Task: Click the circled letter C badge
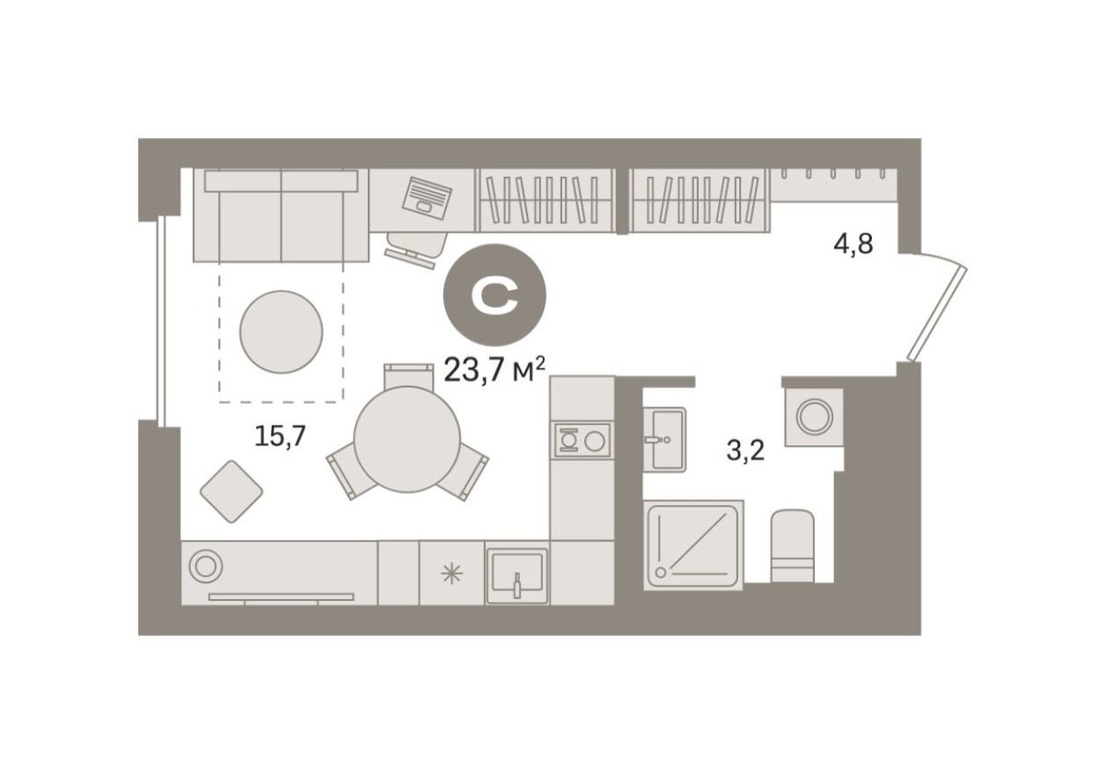click(494, 298)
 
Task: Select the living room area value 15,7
click(279, 434)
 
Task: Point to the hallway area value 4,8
click(853, 243)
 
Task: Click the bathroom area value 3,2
click(745, 451)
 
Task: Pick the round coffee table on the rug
click(282, 332)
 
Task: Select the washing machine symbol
click(814, 416)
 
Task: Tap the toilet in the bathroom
click(792, 547)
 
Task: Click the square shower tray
click(694, 544)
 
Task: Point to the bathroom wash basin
click(663, 439)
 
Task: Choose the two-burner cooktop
click(582, 439)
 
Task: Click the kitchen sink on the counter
click(517, 576)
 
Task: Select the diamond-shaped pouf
click(231, 492)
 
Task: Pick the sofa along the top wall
click(282, 216)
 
